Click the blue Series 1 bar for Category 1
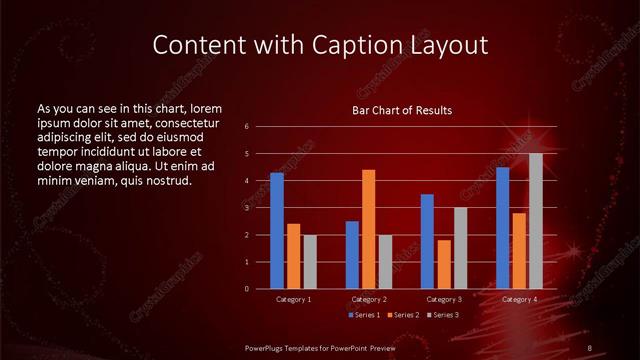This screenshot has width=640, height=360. [277, 231]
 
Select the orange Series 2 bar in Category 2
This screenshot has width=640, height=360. [368, 229]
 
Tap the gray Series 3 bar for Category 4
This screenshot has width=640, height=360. [535, 221]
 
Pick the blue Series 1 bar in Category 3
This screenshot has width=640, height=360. [427, 241]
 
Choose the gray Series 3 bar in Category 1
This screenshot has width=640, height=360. [310, 262]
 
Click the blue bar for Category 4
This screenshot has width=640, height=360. [502, 228]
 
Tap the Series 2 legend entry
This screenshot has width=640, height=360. [402, 315]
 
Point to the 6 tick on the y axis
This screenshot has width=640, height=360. [246, 127]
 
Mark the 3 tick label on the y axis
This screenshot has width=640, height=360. [246, 208]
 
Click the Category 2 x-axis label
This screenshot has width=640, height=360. [369, 299]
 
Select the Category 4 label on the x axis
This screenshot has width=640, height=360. [519, 299]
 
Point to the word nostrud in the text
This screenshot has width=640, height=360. [167, 180]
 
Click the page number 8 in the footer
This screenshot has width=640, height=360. [590, 347]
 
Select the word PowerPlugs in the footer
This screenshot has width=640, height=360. [267, 347]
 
